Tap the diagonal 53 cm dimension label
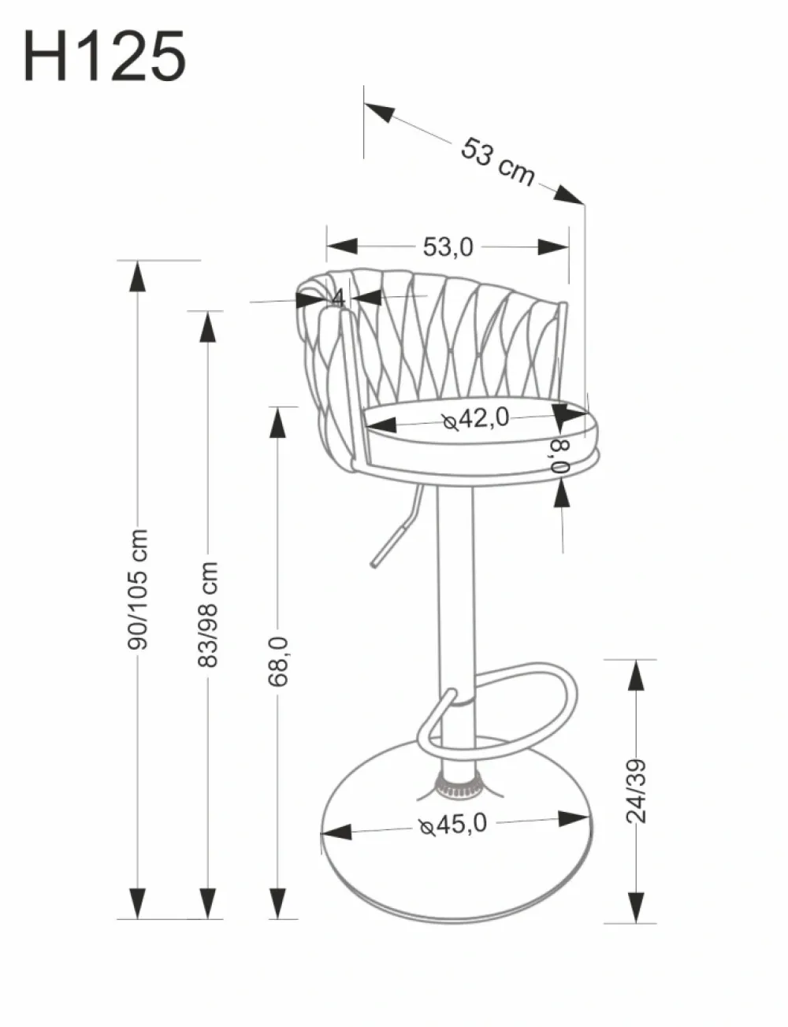(x=497, y=161)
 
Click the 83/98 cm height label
(x=208, y=614)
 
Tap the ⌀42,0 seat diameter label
(x=476, y=419)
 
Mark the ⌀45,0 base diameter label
(x=454, y=824)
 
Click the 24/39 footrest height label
(x=635, y=790)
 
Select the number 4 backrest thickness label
(x=336, y=298)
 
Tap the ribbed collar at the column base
(x=458, y=785)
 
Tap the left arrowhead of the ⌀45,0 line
(x=336, y=832)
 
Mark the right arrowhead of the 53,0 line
(x=554, y=247)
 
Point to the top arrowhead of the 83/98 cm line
(x=208, y=326)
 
